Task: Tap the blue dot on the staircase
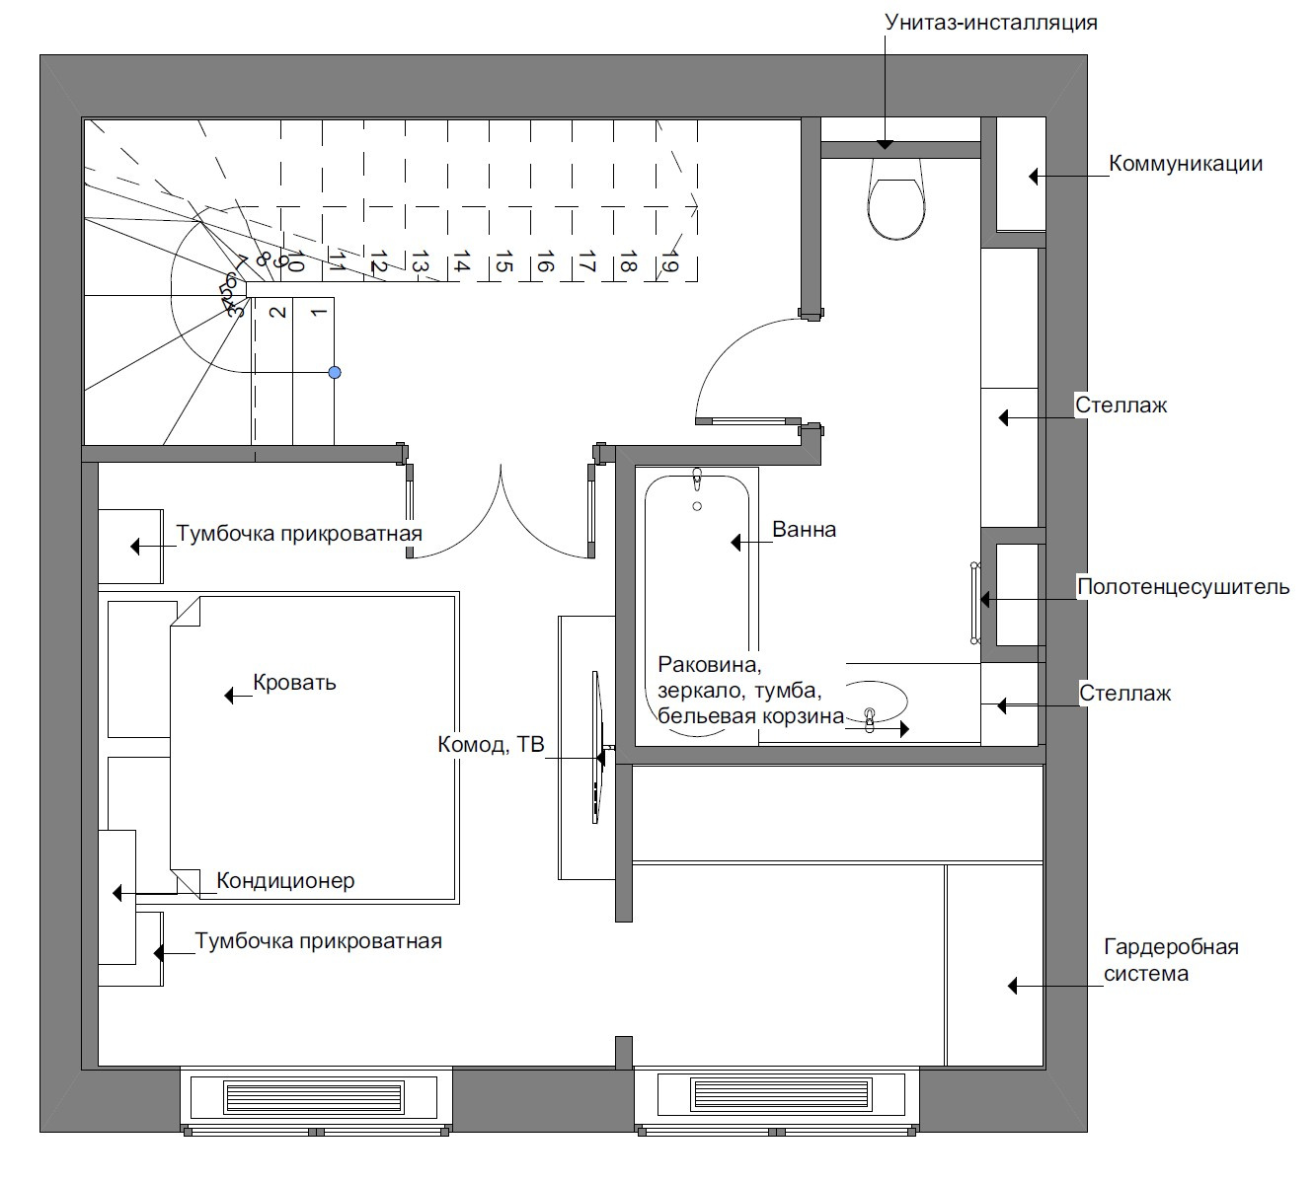tap(335, 372)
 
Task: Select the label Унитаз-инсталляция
tap(991, 23)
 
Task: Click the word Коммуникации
tap(1186, 163)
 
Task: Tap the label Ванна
tap(804, 530)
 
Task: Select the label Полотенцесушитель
tap(1184, 586)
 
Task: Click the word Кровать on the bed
tap(294, 683)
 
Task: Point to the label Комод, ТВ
tap(491, 744)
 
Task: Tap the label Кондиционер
tap(285, 881)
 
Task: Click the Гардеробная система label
tap(1171, 960)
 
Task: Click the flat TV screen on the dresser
tap(596, 747)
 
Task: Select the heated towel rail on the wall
tap(974, 603)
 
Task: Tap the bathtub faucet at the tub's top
tap(697, 480)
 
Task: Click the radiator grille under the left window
tap(314, 1097)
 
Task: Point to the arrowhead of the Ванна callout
tap(735, 543)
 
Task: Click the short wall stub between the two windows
tap(623, 1053)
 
